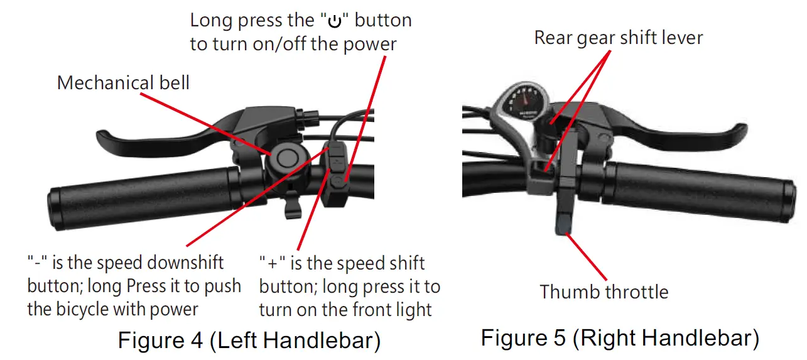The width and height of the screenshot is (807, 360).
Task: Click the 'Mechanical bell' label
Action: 123,83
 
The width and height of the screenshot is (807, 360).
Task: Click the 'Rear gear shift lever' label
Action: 618,38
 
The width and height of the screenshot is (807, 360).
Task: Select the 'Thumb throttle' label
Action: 604,292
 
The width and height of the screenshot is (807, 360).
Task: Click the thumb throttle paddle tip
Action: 563,227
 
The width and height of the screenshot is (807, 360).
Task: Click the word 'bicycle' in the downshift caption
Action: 103,309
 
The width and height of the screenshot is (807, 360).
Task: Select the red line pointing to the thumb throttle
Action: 588,258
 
